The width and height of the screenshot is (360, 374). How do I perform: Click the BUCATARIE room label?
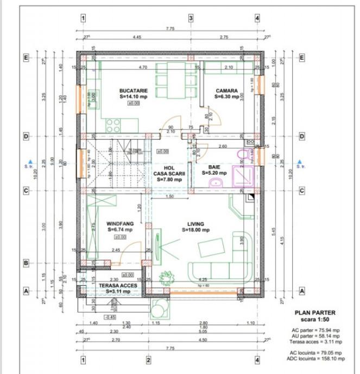(x=133, y=90)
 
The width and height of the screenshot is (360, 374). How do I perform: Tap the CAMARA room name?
(x=224, y=90)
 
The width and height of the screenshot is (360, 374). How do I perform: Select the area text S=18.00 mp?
(x=195, y=230)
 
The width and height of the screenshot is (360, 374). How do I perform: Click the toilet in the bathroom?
(x=242, y=155)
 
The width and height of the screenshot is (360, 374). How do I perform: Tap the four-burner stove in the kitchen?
(x=113, y=125)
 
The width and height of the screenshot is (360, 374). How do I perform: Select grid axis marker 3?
(x=191, y=18)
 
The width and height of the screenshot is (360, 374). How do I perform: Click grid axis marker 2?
(x=148, y=359)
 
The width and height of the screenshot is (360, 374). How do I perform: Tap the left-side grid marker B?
(x=25, y=263)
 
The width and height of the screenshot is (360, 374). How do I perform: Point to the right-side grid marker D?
(x=302, y=136)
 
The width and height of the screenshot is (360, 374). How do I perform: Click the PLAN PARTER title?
(x=314, y=313)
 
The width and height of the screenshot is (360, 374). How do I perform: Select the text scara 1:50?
(x=314, y=320)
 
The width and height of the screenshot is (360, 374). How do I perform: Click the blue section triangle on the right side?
(x=300, y=161)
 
